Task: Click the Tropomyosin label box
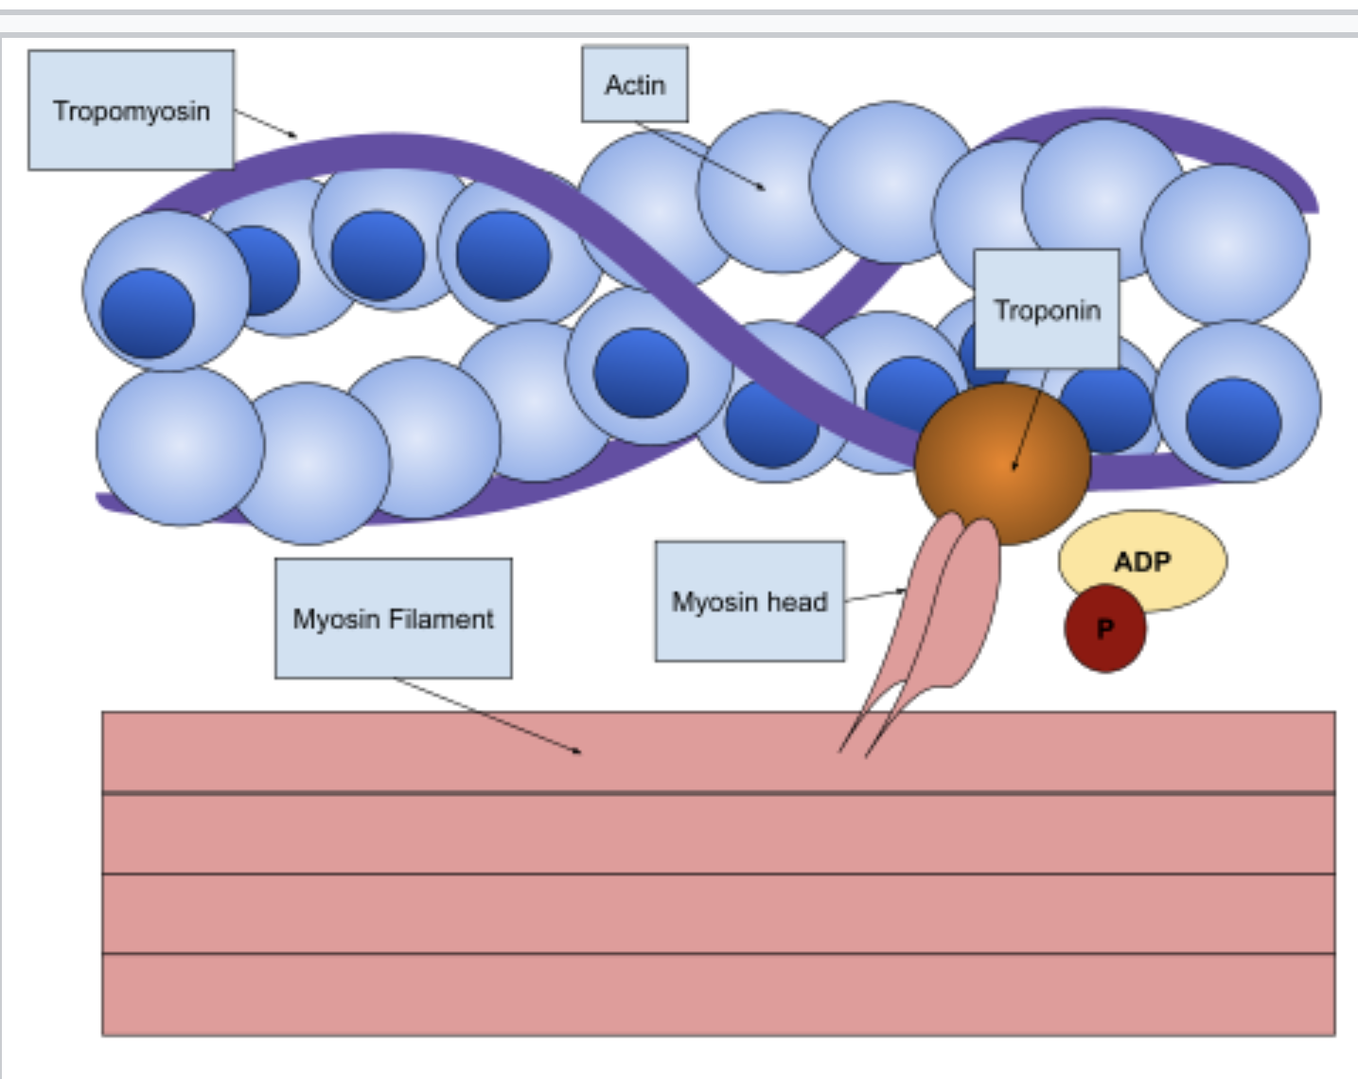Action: [131, 111]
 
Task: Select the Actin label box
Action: [634, 84]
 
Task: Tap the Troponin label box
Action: [1047, 310]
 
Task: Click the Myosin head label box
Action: [750, 601]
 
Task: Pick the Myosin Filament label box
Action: [393, 618]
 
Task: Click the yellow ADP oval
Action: [1143, 558]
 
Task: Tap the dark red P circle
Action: [1104, 628]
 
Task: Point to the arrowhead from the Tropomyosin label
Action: [292, 135]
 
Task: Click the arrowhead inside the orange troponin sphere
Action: [1014, 466]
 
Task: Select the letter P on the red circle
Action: [1104, 628]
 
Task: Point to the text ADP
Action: [1142, 562]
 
